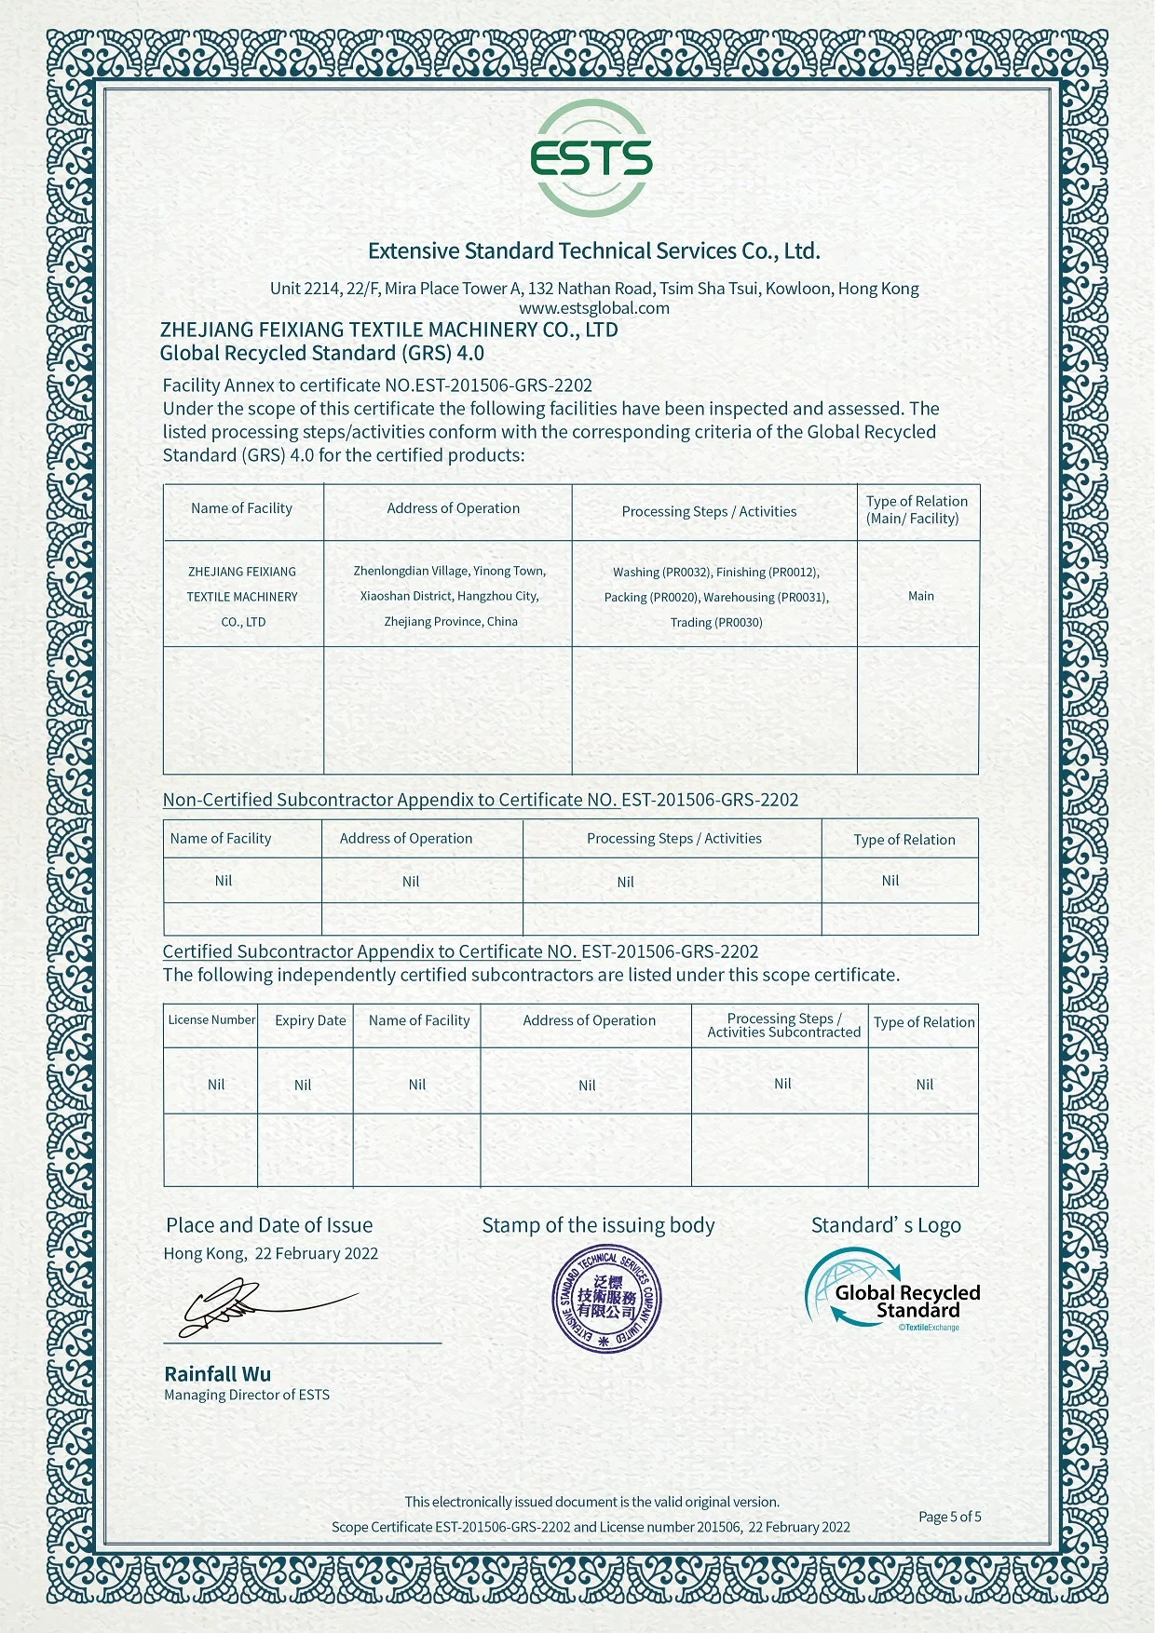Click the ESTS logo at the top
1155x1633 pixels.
pyautogui.click(x=591, y=159)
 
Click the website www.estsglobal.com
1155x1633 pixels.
pyautogui.click(x=594, y=308)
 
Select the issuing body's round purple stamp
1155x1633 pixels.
pyautogui.click(x=606, y=1295)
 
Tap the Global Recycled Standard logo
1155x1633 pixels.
pyautogui.click(x=891, y=1289)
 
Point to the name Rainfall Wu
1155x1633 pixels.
pyautogui.click(x=218, y=1373)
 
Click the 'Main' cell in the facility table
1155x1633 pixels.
pyautogui.click(x=920, y=596)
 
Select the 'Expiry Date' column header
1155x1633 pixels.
pyautogui.click(x=310, y=1020)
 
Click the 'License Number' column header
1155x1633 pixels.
pyautogui.click(x=211, y=1019)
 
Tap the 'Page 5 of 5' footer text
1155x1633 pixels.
pyautogui.click(x=949, y=1517)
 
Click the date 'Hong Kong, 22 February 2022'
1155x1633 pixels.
pyautogui.click(x=271, y=1253)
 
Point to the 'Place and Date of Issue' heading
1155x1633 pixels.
pyautogui.click(x=269, y=1225)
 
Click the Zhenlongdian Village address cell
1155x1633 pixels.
pyautogui.click(x=450, y=596)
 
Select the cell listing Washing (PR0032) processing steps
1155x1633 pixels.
pyautogui.click(x=715, y=597)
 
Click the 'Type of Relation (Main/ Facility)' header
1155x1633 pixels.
pyautogui.click(x=917, y=509)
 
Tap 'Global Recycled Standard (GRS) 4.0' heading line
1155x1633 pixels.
pyautogui.click(x=322, y=353)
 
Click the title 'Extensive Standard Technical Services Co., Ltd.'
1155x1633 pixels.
pyautogui.click(x=593, y=250)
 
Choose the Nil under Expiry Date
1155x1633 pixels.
pyautogui.click(x=303, y=1085)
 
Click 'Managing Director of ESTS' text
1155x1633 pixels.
pyautogui.click(x=247, y=1395)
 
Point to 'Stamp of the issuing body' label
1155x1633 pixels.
pyautogui.click(x=598, y=1225)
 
